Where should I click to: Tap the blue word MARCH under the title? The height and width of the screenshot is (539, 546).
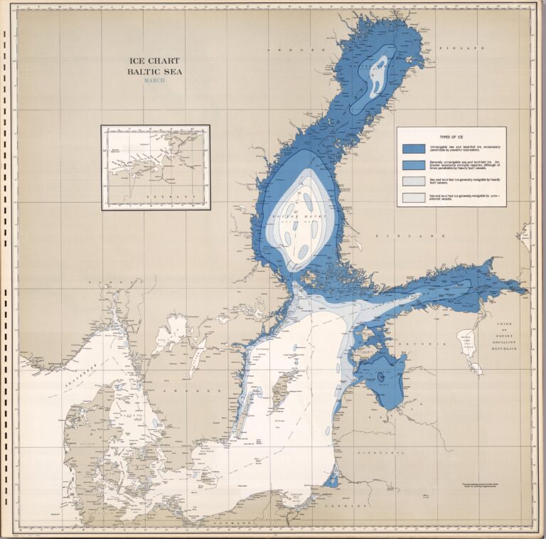tap(154, 80)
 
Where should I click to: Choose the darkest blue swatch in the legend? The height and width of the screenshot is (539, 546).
tap(414, 148)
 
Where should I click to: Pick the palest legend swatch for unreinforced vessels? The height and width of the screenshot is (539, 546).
tap(414, 197)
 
